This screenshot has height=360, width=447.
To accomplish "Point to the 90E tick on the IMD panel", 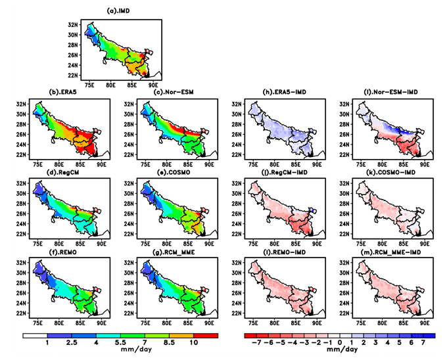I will [x=153, y=84].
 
